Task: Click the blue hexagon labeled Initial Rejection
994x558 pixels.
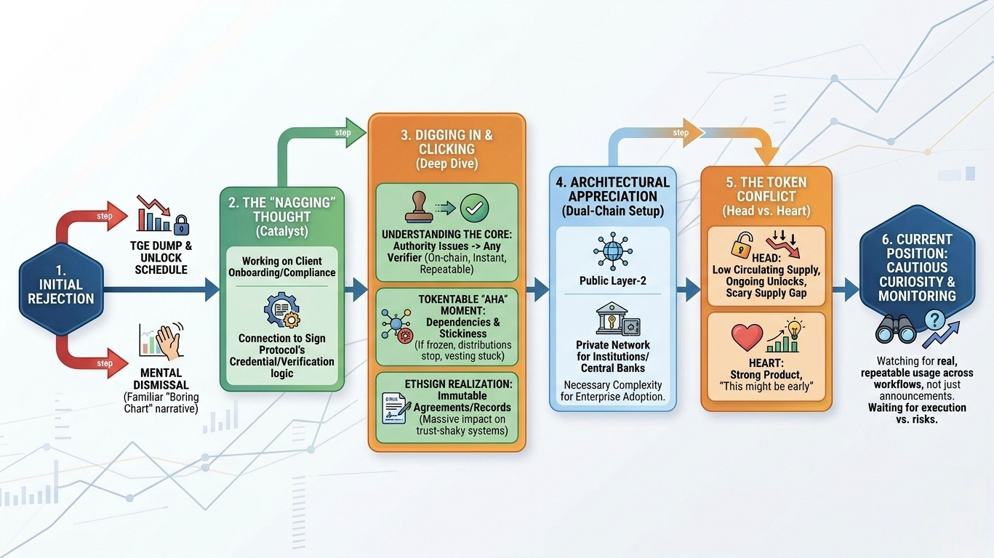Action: click(61, 290)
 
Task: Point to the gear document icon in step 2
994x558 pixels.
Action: click(281, 311)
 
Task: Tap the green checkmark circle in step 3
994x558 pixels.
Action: click(474, 208)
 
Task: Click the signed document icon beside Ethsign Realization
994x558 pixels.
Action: click(397, 408)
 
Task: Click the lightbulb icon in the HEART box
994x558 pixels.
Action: click(794, 328)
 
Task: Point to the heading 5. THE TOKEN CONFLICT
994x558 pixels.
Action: click(765, 190)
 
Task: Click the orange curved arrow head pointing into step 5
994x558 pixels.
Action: click(765, 154)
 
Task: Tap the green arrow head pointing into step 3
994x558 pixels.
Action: click(356, 132)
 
